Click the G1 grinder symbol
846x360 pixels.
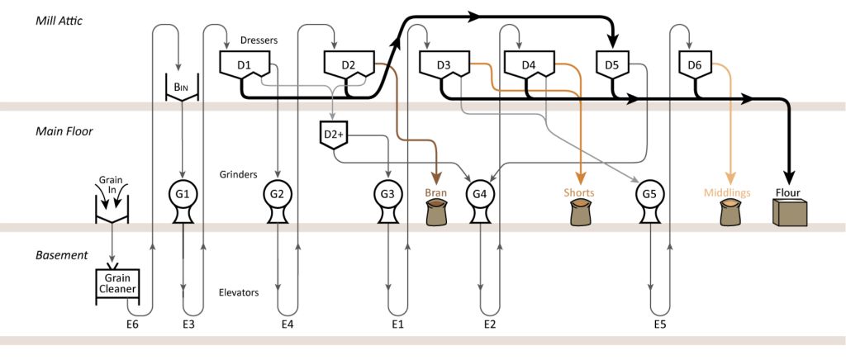183,195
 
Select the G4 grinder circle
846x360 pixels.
479,195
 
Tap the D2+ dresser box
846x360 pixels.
334,134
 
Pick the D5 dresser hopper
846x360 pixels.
612,65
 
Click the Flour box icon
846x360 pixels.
787,214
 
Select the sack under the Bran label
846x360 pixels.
435,214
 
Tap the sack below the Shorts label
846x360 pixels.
580,214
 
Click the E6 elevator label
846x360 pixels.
135,324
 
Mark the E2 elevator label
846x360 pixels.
489,324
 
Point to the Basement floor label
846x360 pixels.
62,255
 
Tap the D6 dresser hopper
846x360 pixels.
695,65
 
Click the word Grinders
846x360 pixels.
240,174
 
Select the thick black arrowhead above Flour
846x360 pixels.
787,174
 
